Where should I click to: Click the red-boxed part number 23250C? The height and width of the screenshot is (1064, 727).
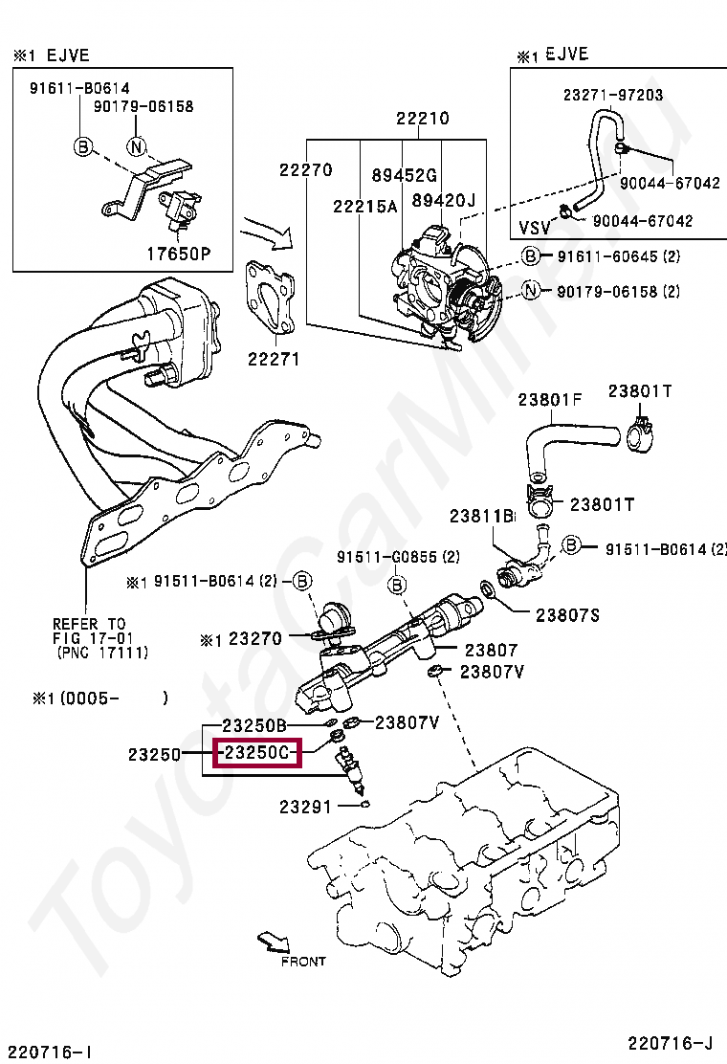[256, 754]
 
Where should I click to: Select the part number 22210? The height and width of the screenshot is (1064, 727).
[423, 120]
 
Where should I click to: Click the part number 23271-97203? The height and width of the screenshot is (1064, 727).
[612, 96]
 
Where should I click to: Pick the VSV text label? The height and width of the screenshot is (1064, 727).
[536, 228]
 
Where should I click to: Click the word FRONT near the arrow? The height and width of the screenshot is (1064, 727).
[303, 962]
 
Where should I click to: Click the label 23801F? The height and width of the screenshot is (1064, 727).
[550, 399]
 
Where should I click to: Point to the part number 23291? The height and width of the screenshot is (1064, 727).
[305, 807]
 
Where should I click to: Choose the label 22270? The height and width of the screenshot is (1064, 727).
[306, 170]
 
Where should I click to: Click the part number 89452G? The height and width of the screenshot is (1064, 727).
[404, 175]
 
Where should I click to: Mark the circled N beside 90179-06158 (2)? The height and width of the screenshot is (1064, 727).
[531, 292]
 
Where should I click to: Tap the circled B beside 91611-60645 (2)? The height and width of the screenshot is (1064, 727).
[531, 255]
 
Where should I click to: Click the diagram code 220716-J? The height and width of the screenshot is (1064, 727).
[671, 1042]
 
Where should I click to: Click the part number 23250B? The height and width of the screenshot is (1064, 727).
[254, 724]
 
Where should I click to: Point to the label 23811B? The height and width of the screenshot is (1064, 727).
[483, 517]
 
